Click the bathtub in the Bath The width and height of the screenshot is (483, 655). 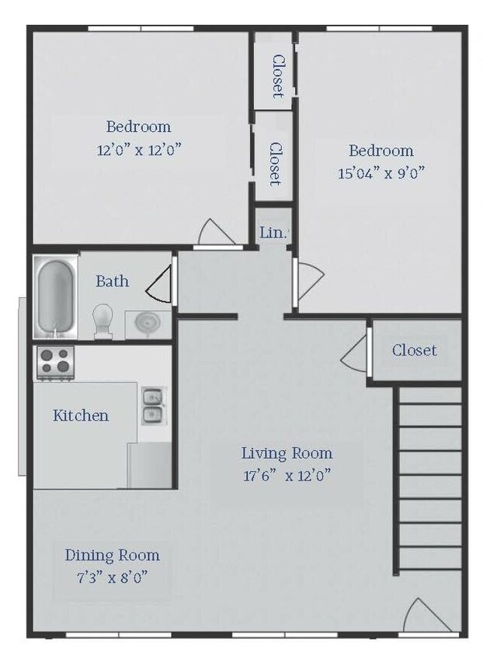tap(55, 296)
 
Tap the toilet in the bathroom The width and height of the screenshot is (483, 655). tap(103, 321)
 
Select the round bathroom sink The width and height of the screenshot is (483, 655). tap(148, 323)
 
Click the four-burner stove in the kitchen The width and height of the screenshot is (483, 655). tap(55, 362)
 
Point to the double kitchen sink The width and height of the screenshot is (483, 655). tap(152, 406)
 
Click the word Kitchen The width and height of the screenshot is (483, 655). tap(81, 415)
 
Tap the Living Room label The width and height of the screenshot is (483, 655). tap(287, 453)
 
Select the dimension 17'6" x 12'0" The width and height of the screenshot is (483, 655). tap(287, 476)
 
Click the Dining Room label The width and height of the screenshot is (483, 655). tap(113, 555)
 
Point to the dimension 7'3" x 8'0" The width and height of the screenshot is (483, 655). tap(113, 577)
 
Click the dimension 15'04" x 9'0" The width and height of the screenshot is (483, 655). tap(381, 172)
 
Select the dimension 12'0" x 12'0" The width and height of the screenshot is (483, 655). tap(140, 149)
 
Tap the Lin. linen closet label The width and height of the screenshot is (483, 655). tap(273, 233)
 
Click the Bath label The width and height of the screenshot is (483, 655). tap(113, 281)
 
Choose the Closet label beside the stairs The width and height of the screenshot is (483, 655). tap(415, 350)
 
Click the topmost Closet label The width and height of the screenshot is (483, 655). tap(278, 77)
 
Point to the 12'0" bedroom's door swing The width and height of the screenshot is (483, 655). tap(216, 231)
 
